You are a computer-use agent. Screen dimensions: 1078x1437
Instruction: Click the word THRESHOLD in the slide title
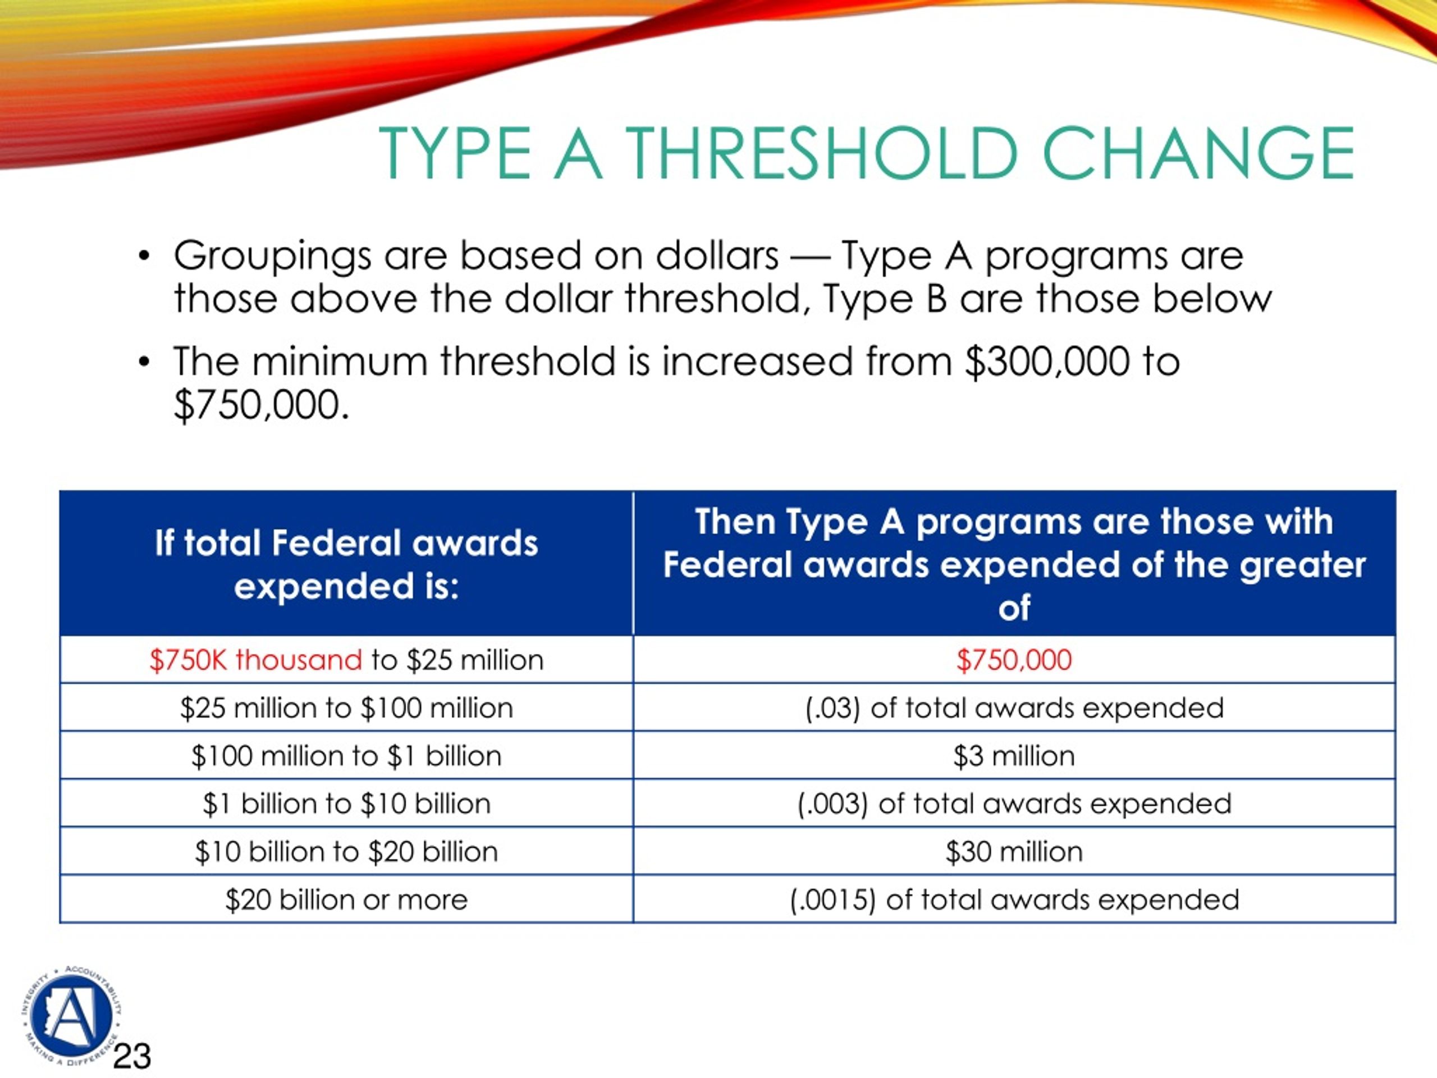820,153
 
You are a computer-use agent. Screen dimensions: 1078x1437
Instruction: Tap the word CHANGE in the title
1198,153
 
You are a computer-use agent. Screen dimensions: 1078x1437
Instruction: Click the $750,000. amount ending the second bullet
261,405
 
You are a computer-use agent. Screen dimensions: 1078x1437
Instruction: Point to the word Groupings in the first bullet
272,257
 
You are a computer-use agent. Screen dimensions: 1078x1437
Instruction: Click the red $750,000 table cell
1014,660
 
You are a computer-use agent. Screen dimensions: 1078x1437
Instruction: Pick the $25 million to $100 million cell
346,707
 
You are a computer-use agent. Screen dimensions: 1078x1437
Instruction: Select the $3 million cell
1014,756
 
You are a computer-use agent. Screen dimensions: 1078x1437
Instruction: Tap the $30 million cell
1014,852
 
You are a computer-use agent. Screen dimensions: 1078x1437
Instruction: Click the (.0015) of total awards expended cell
1014,900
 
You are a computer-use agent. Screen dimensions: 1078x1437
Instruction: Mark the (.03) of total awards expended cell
1014,707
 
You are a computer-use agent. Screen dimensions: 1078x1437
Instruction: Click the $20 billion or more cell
346,900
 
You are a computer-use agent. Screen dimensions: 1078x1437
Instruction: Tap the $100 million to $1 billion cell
346,756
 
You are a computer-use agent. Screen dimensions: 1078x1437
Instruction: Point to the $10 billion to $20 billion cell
346,852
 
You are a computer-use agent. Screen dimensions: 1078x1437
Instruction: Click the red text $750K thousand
255,660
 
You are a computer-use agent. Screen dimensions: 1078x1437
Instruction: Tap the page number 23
132,1056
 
